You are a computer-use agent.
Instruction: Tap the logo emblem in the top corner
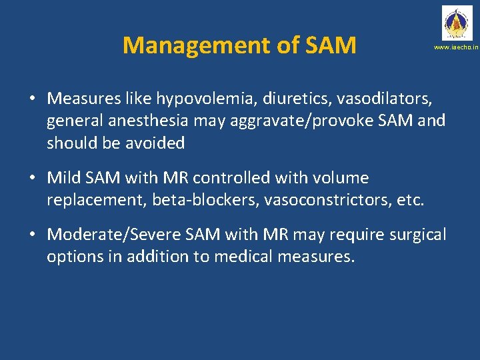456,23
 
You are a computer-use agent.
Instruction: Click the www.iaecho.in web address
456,48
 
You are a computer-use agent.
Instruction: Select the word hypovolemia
201,99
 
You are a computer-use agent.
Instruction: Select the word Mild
65,178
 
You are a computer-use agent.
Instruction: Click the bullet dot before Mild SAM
32,179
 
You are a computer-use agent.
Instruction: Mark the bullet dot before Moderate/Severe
32,235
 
